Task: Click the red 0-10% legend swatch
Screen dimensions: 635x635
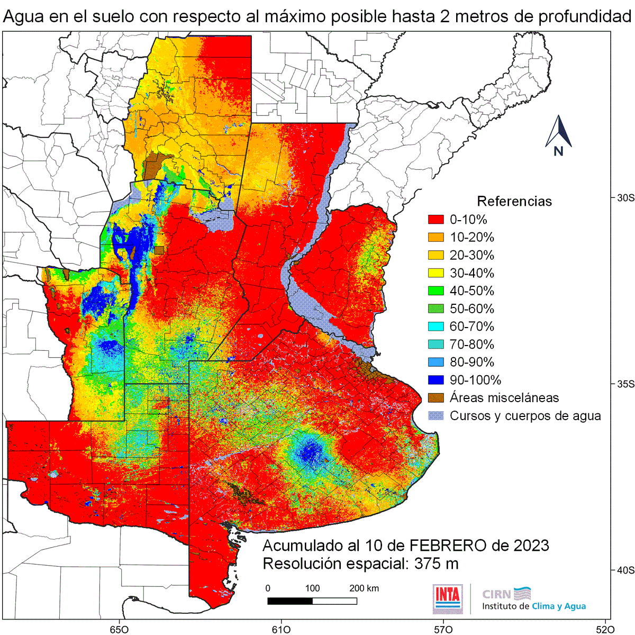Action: point(436,220)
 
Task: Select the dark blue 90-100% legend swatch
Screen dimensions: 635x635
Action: point(436,380)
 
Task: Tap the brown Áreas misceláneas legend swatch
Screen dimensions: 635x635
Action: point(436,398)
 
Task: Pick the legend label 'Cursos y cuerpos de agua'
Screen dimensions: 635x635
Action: point(525,416)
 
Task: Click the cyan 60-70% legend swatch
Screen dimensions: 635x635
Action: point(436,326)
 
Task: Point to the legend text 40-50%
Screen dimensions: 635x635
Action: point(471,291)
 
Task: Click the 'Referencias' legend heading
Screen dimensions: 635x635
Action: point(514,202)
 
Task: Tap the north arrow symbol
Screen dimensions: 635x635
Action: point(558,135)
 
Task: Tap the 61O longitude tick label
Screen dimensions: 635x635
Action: point(280,629)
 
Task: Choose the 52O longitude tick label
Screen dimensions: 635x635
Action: point(605,629)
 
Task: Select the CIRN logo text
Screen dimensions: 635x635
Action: point(496,594)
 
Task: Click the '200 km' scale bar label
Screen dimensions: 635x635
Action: point(364,588)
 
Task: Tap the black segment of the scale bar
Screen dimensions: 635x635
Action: point(289,601)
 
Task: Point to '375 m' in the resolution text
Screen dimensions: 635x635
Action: point(437,564)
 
